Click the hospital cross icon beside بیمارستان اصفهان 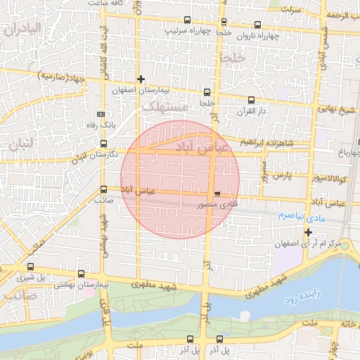tap(141, 79)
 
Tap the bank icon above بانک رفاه tap(101, 113)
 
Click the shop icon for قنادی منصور tap(217, 193)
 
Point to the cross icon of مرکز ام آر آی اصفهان tap(308, 232)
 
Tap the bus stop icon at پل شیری tap(30, 267)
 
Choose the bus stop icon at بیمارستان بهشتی tap(82, 274)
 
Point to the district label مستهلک tap(165, 106)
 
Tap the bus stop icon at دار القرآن tap(251, 100)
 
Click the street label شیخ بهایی tap(337, 111)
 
